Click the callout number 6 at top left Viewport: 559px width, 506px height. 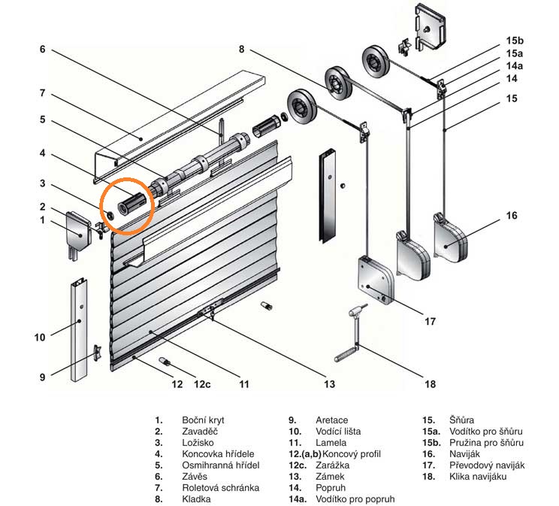click(x=42, y=49)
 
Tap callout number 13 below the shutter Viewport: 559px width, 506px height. click(x=329, y=384)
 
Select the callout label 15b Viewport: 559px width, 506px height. click(x=515, y=41)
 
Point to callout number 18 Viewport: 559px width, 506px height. click(x=431, y=384)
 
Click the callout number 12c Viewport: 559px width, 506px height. click(x=202, y=384)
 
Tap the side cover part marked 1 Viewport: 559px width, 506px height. click(x=79, y=234)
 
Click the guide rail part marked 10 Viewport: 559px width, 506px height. click(x=79, y=329)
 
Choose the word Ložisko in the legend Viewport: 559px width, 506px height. click(x=198, y=443)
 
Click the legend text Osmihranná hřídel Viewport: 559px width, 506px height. click(x=221, y=465)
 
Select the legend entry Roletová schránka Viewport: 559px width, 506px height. click(x=221, y=488)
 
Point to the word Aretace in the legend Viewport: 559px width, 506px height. click(x=332, y=420)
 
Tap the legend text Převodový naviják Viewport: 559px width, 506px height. click(x=487, y=465)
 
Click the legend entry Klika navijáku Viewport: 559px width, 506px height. click(x=478, y=477)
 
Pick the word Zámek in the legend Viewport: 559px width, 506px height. click(x=330, y=477)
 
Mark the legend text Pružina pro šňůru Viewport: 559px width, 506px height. click(x=487, y=443)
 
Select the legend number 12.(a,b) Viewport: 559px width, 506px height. click(x=305, y=454)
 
